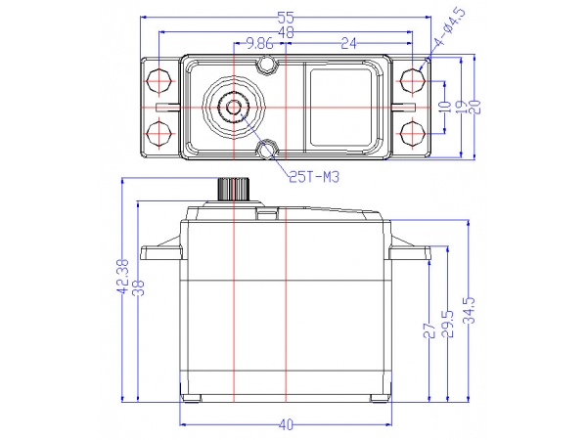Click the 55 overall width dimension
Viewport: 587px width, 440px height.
pos(286,18)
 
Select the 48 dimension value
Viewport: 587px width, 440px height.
pos(286,32)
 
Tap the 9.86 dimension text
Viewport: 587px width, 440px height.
pos(260,44)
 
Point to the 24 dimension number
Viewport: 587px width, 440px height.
pos(348,44)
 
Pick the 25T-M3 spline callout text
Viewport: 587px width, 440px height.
pos(314,177)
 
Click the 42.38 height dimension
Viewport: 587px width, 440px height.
pos(122,277)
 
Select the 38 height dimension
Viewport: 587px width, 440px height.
pos(139,288)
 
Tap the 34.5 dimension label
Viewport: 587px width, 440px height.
pos(469,311)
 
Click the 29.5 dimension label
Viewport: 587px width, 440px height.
pos(448,324)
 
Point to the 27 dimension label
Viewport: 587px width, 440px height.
pos(429,330)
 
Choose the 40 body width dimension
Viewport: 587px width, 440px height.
pos(286,424)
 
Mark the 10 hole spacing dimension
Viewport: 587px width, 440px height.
pos(445,107)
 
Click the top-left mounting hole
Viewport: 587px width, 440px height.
pos(159,81)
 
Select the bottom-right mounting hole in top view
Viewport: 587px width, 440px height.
pos(413,133)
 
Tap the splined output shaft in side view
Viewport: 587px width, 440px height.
pos(234,190)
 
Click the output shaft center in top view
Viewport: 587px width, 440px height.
pos(234,108)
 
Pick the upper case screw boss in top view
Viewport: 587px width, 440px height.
pos(266,65)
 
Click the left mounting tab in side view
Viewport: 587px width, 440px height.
pos(161,250)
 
